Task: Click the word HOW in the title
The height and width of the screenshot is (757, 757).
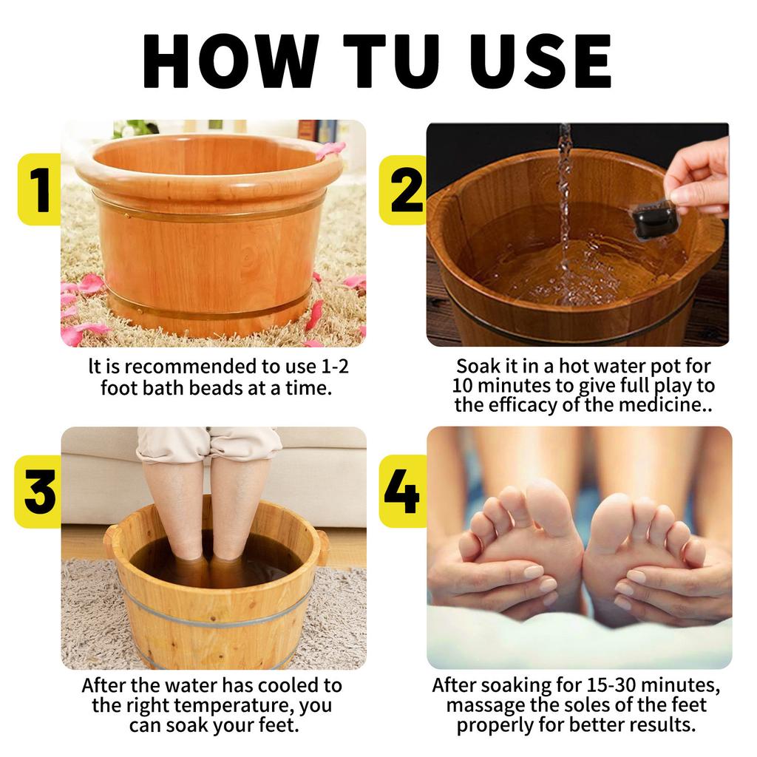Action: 231,61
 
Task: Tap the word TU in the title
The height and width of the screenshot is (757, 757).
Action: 392,61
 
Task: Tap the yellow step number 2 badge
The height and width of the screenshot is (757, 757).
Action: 403,190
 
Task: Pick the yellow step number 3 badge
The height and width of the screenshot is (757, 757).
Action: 38,492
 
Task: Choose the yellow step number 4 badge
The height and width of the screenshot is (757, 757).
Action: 402,492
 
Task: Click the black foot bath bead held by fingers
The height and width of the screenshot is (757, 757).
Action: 654,220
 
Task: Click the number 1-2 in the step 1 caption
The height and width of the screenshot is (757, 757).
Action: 335,367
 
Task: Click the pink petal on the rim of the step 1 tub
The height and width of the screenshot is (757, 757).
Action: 330,149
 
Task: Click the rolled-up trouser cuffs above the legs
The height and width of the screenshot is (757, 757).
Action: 208,445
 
